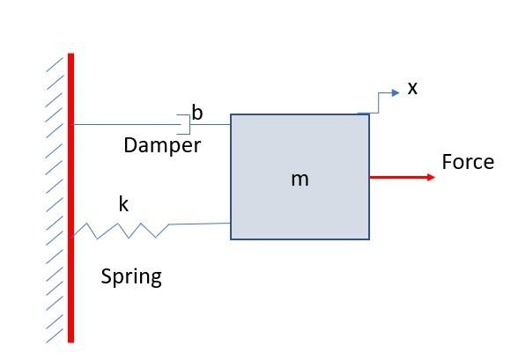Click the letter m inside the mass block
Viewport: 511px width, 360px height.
tap(300, 180)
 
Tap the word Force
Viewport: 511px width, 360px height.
tap(468, 162)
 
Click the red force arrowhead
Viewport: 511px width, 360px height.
tap(431, 177)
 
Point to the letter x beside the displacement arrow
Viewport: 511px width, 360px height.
tap(412, 88)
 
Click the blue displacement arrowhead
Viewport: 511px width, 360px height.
tap(396, 92)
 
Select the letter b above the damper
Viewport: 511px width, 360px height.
tap(197, 113)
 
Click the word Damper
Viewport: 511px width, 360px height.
tap(162, 145)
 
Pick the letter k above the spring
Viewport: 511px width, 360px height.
tap(123, 204)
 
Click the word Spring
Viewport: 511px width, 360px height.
tap(131, 277)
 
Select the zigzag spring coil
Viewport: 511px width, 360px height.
tap(121, 231)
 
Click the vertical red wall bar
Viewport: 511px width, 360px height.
tap(70, 198)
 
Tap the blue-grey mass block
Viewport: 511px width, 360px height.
tap(300, 177)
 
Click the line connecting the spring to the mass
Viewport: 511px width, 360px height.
tap(200, 224)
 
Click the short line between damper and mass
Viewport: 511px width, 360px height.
tap(211, 124)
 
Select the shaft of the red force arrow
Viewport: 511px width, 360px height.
tap(398, 177)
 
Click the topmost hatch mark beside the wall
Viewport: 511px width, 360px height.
tap(55, 65)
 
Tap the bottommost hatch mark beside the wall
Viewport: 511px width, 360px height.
tap(55, 335)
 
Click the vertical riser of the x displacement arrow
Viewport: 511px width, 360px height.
tap(378, 103)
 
